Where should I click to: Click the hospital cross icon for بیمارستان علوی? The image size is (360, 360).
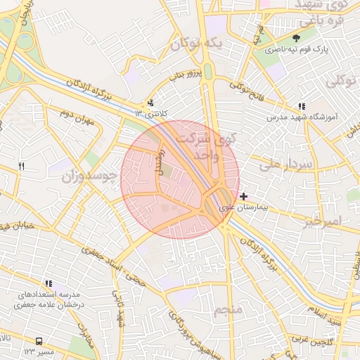(x=243, y=196)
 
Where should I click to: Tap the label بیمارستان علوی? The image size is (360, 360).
(x=244, y=207)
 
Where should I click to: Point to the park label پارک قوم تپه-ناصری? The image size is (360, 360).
(x=296, y=51)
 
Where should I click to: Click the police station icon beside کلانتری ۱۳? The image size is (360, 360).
(x=150, y=103)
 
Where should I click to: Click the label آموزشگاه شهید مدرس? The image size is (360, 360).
(x=302, y=117)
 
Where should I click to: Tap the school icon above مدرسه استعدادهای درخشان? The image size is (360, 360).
(x=48, y=283)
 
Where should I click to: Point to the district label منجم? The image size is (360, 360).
(x=228, y=310)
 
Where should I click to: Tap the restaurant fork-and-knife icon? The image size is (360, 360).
(x=21, y=166)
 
